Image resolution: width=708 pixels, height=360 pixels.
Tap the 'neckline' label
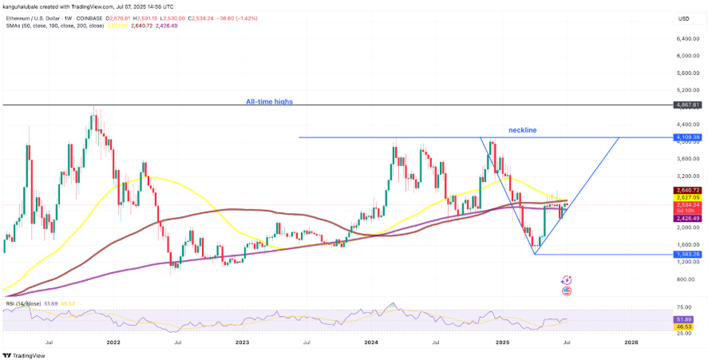[522, 129]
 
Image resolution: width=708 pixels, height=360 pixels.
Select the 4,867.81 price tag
[687, 105]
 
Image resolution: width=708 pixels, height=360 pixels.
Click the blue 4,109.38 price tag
[687, 137]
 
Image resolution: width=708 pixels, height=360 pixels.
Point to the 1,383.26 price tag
[687, 254]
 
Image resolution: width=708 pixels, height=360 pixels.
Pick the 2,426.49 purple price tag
[687, 218]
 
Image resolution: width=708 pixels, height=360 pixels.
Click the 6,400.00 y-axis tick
[688, 38]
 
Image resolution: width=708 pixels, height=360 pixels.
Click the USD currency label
[684, 18]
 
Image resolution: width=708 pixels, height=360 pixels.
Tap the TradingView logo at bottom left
[24, 355]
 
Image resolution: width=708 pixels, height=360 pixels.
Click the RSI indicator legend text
[22, 304]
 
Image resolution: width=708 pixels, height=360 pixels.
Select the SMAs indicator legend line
[56, 26]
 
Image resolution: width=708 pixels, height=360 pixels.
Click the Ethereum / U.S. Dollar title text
[40, 18]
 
